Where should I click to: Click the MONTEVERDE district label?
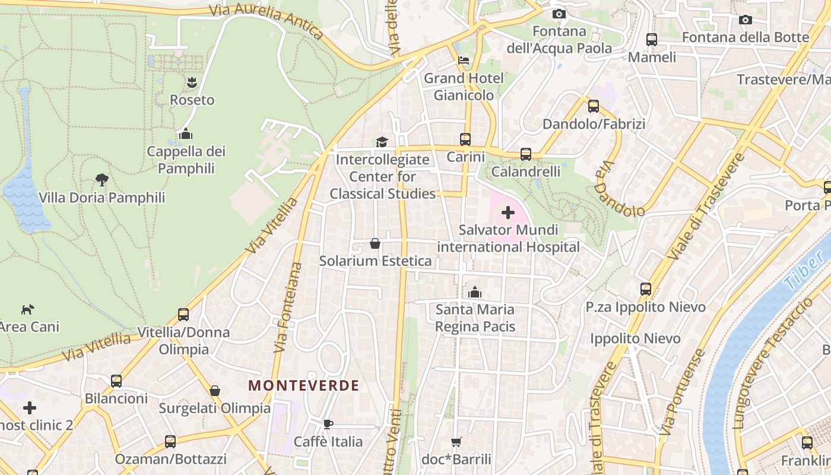tap(303, 385)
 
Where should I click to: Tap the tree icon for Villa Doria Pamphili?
tap(102, 180)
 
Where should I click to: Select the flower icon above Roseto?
tap(192, 82)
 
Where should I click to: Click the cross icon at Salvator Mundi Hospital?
tap(508, 212)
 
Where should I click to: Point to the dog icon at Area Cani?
tap(28, 309)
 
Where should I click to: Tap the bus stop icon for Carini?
tap(465, 140)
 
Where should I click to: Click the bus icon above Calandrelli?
tap(526, 154)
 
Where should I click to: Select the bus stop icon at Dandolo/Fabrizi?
tap(594, 106)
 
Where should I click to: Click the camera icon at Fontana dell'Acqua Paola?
tap(559, 14)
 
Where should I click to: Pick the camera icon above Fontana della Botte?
tap(746, 20)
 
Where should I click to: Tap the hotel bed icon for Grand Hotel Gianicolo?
tap(464, 61)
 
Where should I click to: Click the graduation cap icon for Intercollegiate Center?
tap(382, 142)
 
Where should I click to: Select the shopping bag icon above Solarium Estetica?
tap(375, 243)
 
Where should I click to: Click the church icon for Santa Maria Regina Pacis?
tap(475, 292)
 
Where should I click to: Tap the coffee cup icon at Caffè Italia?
tap(328, 424)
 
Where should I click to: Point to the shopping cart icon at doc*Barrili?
tap(456, 442)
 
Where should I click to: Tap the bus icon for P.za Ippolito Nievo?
tap(646, 289)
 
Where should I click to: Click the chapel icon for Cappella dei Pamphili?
tap(186, 134)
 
